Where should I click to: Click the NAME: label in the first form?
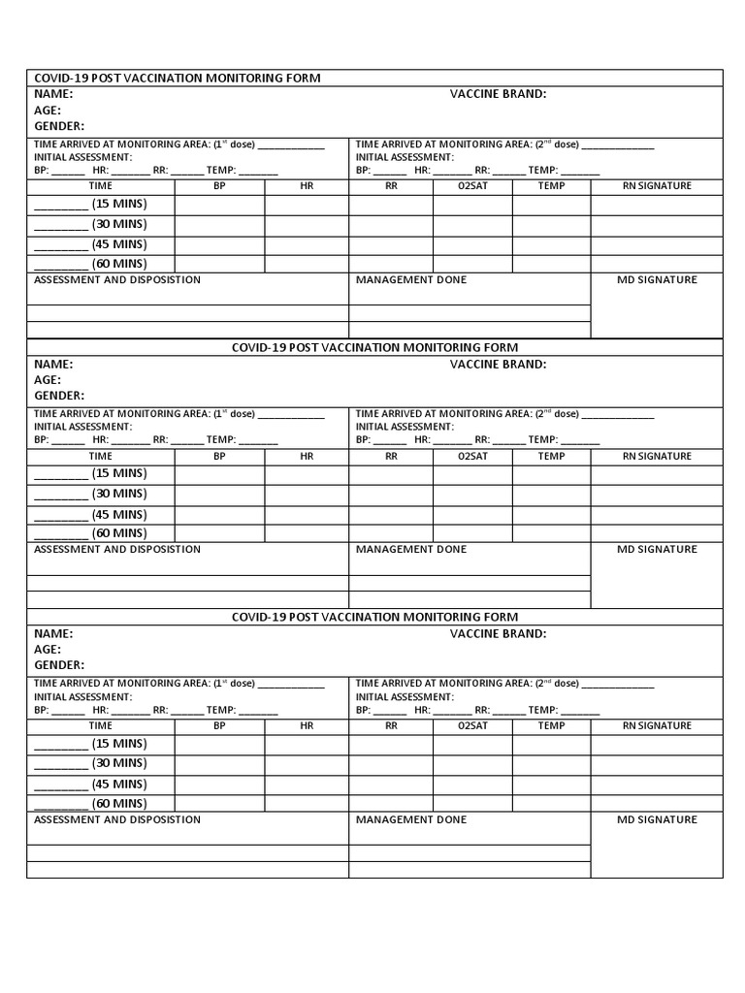[x=53, y=94]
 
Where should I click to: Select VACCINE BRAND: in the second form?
[x=498, y=365]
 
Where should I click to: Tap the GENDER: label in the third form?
[x=59, y=665]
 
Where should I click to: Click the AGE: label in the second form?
[x=48, y=380]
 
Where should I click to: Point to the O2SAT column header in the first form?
[x=472, y=185]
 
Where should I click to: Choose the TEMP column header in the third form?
[x=551, y=725]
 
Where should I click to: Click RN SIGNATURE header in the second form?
[x=657, y=456]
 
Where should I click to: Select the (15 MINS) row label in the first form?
[x=118, y=204]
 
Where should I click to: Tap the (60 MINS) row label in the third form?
[x=118, y=803]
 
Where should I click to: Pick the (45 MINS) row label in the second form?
[x=118, y=515]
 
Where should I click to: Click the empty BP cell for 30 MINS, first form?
[x=219, y=225]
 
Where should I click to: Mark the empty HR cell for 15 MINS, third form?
[x=307, y=745]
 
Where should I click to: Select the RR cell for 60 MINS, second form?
[x=391, y=533]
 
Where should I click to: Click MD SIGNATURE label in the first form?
[x=657, y=279]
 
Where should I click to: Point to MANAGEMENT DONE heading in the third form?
[x=411, y=819]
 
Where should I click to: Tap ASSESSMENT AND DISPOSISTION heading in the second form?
[x=117, y=549]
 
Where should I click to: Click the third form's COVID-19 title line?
[x=374, y=617]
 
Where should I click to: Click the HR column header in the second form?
[x=307, y=456]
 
